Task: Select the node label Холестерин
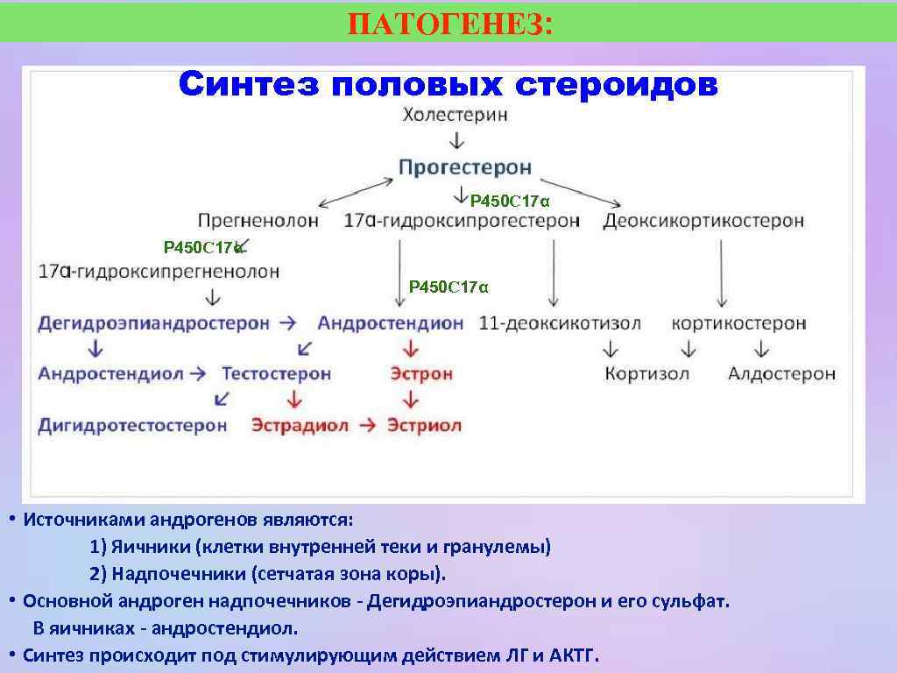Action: point(455,115)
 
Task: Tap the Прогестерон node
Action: point(464,166)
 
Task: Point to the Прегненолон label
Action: point(258,221)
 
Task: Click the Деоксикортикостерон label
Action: point(703,221)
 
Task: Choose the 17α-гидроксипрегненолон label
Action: point(159,272)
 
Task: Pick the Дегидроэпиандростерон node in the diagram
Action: point(153,323)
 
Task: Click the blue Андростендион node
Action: point(390,323)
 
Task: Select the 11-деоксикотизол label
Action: point(560,323)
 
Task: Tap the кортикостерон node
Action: point(738,323)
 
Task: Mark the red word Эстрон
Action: point(421,374)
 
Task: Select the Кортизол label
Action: point(646,374)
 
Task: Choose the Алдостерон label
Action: point(781,374)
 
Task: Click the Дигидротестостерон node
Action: point(132,426)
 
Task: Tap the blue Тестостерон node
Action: point(276,374)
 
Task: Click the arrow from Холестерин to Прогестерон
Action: point(456,140)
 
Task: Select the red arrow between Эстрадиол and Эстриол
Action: point(368,426)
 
